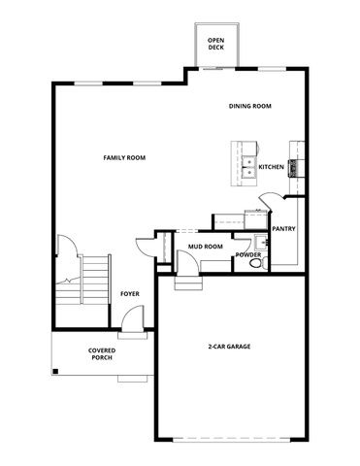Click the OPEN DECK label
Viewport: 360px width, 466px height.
click(x=215, y=45)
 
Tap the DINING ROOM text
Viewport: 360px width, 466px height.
click(x=249, y=106)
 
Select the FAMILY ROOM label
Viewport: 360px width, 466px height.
click(x=124, y=157)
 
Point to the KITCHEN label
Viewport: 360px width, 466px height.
click(x=271, y=166)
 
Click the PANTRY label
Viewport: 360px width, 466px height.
click(x=283, y=229)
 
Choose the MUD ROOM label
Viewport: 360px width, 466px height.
click(x=206, y=247)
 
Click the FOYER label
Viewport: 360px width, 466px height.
click(x=131, y=292)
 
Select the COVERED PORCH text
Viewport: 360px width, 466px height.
click(x=102, y=353)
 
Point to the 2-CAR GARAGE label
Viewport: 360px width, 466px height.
click(x=231, y=347)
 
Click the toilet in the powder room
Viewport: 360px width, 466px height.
click(x=256, y=262)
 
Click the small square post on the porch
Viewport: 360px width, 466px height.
click(x=56, y=370)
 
